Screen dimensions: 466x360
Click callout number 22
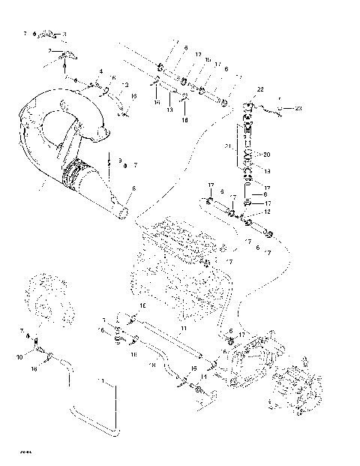coord(260,90)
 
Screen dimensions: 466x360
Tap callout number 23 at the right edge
coord(298,108)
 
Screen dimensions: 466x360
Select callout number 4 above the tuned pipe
coord(100,72)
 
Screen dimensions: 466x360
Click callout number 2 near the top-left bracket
coord(49,50)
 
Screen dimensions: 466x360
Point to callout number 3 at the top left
coord(64,35)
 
